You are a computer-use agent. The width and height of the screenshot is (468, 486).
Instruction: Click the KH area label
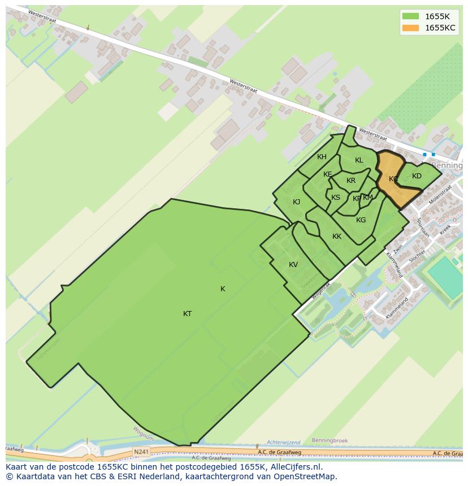point(322,157)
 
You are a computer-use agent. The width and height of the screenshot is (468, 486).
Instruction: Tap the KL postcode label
point(359,160)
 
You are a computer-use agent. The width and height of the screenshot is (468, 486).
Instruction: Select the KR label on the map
point(351,181)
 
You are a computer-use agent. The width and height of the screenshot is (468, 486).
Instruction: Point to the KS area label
point(336,198)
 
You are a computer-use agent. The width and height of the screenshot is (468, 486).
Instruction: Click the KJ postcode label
point(296,202)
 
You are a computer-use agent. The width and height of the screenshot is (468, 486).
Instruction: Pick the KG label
point(361,220)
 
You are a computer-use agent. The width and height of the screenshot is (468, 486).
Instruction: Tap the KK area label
point(337,237)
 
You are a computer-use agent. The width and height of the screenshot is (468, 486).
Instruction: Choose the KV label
point(293,265)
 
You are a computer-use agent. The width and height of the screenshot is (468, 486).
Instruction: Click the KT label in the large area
point(187,314)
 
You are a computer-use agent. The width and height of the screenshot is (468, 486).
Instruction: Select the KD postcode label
point(417,176)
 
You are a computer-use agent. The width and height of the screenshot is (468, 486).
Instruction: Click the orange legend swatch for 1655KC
point(410,28)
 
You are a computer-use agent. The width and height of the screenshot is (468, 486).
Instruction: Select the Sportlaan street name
point(423,227)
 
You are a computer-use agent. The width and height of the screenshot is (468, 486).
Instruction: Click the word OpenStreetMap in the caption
point(305,476)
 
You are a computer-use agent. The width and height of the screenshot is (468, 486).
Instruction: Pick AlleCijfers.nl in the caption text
point(294,467)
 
